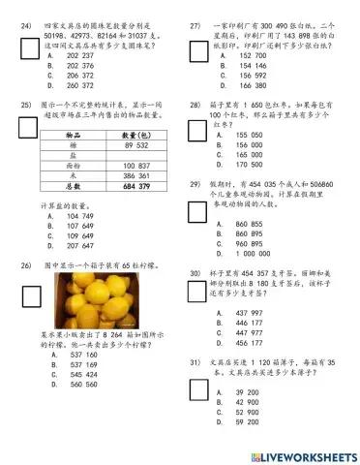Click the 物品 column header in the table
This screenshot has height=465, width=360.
72,134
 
